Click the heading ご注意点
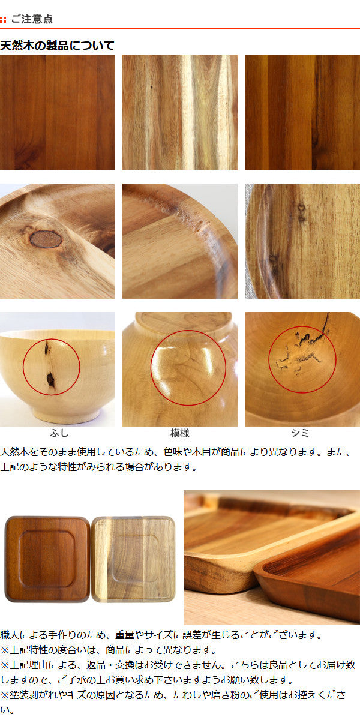click(x=32, y=19)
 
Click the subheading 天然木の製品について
click(x=57, y=46)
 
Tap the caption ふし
click(x=59, y=433)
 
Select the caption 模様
click(x=179, y=433)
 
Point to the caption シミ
click(x=300, y=433)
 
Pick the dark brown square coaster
click(x=47, y=559)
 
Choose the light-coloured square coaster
click(x=133, y=559)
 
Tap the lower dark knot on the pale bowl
click(x=50, y=379)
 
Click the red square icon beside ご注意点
click(x=3, y=20)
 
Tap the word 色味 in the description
click(x=173, y=452)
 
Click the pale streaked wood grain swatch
click(x=180, y=113)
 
